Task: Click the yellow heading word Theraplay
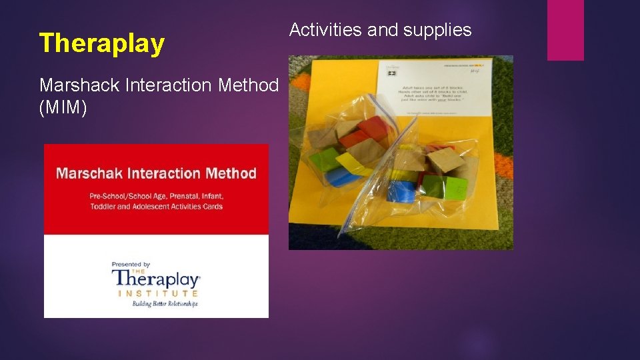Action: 102,43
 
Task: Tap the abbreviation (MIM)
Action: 63,107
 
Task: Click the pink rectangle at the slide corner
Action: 565,29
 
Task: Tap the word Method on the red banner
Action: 231,173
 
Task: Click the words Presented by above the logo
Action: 131,265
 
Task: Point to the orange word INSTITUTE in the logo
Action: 158,293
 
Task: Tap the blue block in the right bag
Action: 402,191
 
